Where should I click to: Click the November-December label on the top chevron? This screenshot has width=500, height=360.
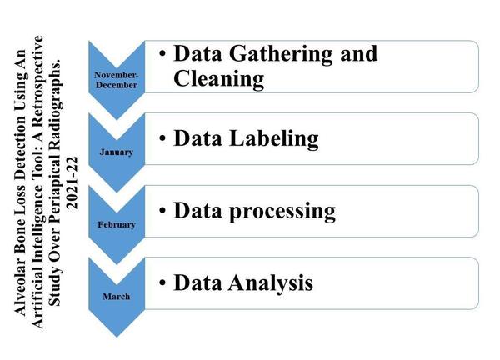tap(116, 80)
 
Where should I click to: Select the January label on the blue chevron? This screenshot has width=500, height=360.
tap(116, 152)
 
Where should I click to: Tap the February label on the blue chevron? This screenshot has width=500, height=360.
tap(117, 224)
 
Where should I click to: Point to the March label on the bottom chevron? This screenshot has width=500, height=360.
tap(116, 297)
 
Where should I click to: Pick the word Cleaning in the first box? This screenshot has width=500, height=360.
tap(218, 79)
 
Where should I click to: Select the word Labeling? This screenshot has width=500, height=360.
tap(274, 139)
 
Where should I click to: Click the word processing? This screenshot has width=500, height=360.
tap(282, 212)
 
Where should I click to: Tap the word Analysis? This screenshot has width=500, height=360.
tap(271, 282)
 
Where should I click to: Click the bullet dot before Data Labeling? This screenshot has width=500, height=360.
tap(162, 138)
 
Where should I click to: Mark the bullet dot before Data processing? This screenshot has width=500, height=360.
tap(162, 211)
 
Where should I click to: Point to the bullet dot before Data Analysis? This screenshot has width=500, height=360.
tap(162, 282)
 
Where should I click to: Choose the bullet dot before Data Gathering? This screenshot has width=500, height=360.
tap(162, 53)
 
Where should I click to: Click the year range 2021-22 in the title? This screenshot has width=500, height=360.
tap(72, 182)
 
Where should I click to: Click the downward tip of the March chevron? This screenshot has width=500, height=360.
tap(117, 337)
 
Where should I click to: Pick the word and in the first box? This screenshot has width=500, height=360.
tap(358, 53)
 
